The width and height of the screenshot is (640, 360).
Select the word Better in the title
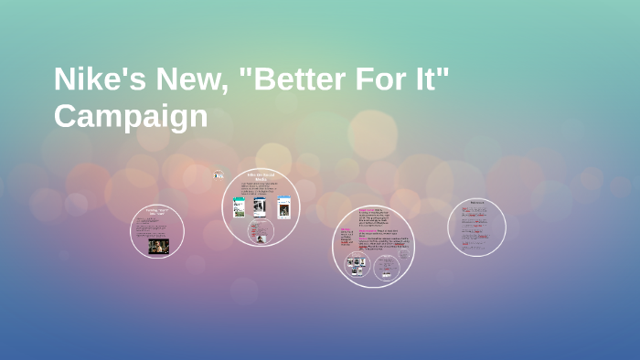pos(302,79)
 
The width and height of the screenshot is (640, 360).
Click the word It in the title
pos(434,79)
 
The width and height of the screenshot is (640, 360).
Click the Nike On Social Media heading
pos(261,176)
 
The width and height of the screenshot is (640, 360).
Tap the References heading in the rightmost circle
pos(477,202)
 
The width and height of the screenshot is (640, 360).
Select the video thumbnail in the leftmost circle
pos(158,245)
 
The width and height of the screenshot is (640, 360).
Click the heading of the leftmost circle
pos(157,213)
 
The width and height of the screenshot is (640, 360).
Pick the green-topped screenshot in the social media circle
pos(240,207)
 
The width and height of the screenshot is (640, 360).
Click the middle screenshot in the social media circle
pos(260,207)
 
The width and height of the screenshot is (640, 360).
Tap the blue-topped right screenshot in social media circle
pos(284,207)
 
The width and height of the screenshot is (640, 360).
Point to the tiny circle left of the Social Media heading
pos(219,175)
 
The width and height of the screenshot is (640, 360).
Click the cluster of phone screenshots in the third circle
pos(357,266)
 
